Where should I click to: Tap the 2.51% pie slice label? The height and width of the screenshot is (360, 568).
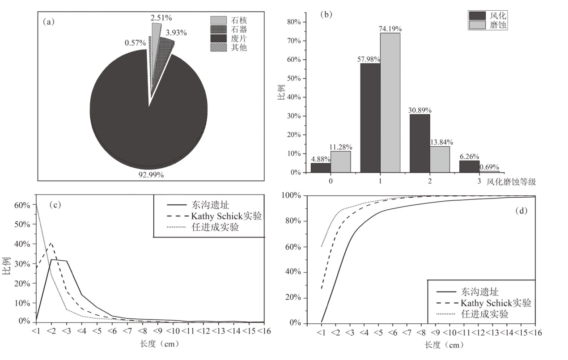click(x=161, y=17)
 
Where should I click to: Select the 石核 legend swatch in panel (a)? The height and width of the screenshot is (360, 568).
click(x=219, y=21)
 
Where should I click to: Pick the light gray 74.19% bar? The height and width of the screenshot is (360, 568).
click(x=390, y=102)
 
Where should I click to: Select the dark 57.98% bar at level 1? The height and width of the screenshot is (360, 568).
click(x=370, y=118)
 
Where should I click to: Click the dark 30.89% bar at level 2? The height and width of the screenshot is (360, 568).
click(x=420, y=143)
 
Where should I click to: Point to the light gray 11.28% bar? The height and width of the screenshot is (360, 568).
click(x=341, y=161)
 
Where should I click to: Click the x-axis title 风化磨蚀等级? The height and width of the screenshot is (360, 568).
click(x=511, y=182)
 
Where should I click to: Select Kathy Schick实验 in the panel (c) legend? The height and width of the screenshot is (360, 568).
click(x=226, y=216)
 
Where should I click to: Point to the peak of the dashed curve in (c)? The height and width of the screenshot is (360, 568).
click(x=51, y=243)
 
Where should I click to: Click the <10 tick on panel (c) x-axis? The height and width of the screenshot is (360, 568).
click(x=173, y=331)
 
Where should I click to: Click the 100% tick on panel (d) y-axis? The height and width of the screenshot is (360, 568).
click(x=293, y=196)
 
